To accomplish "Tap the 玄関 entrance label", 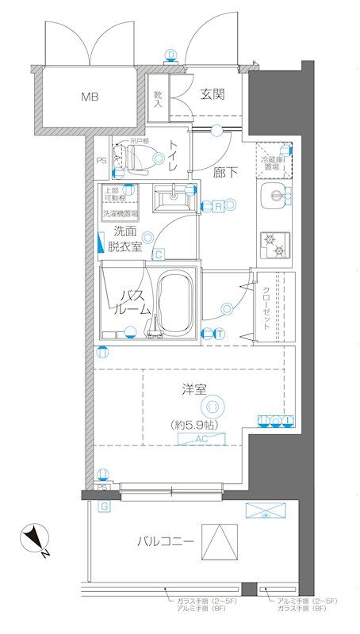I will [x=212, y=94].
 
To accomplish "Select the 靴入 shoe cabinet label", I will [x=157, y=98].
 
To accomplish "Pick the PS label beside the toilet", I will [x=101, y=161].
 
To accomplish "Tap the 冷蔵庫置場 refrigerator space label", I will [x=272, y=164].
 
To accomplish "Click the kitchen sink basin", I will [x=274, y=197].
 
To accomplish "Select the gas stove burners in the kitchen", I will [x=275, y=243].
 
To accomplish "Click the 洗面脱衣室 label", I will [x=125, y=239].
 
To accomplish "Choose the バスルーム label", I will [x=130, y=303].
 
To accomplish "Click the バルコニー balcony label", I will [x=165, y=542].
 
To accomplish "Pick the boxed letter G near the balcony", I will [x=103, y=504].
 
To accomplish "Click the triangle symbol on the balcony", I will [x=219, y=543].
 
